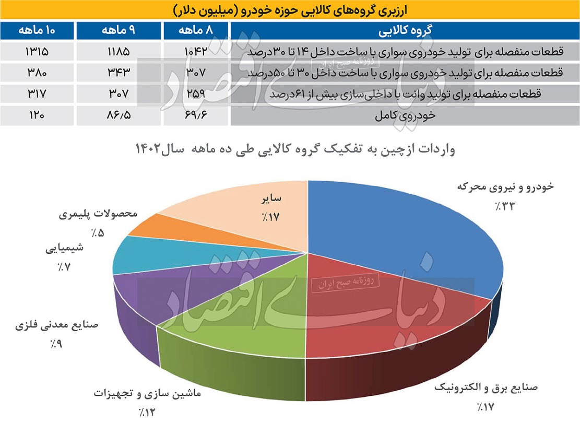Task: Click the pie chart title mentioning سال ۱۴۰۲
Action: point(295,150)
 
